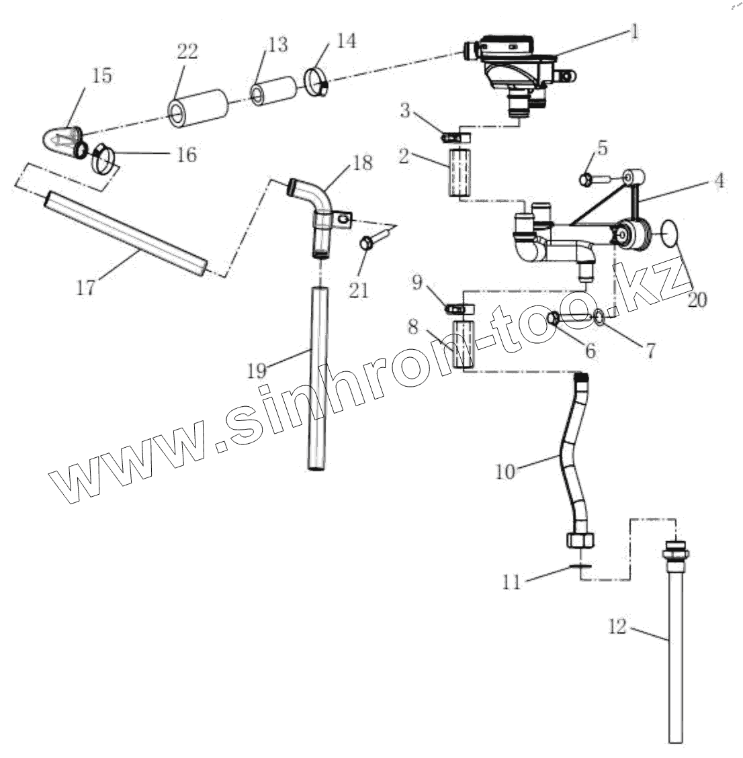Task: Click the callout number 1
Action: tap(634, 32)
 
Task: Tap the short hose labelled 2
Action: tap(459, 173)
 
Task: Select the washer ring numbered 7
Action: tap(598, 315)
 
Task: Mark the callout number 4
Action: tap(719, 181)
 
